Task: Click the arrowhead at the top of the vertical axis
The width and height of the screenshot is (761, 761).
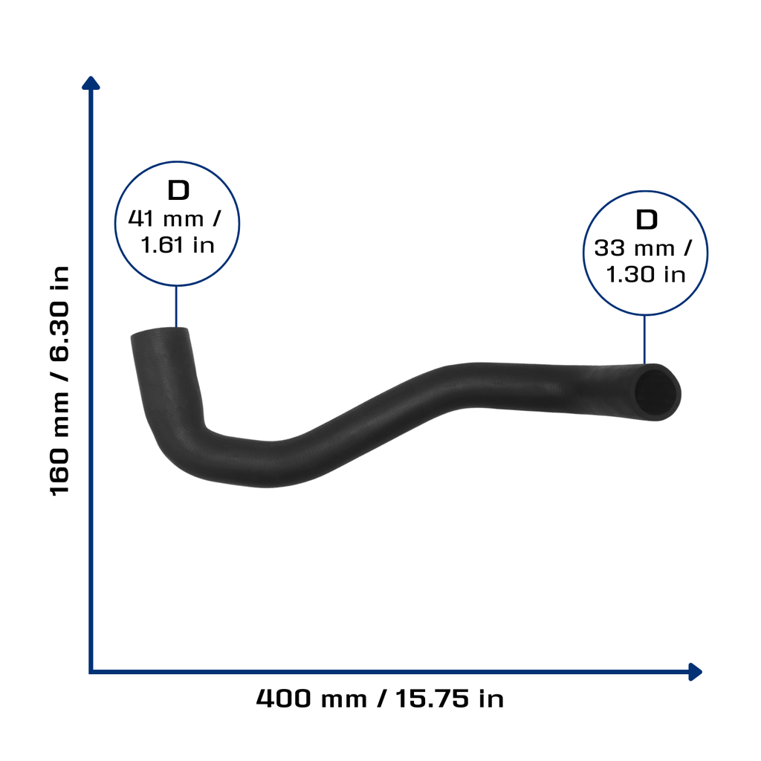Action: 91,83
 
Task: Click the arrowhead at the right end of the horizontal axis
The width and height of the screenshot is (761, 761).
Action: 695,672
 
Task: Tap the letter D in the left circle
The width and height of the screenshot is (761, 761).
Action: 178,190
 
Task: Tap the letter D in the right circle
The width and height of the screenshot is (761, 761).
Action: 647,220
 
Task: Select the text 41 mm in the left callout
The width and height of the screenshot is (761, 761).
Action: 166,219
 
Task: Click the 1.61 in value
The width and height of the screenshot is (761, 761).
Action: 178,245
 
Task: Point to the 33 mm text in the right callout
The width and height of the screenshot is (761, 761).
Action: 635,248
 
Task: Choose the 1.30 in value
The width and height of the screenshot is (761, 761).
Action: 646,275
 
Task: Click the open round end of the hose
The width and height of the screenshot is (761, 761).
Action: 656,392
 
